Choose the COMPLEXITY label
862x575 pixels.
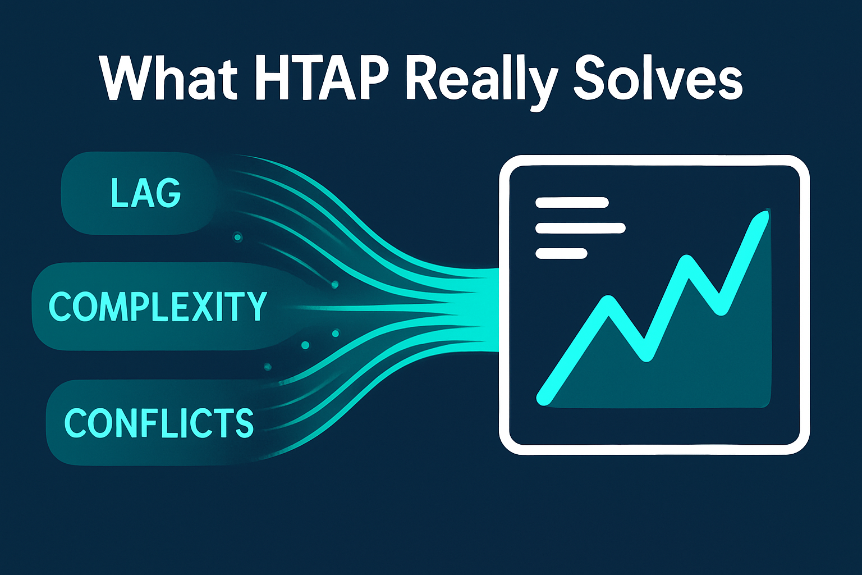pyautogui.click(x=158, y=307)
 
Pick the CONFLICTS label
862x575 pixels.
pyautogui.click(x=159, y=422)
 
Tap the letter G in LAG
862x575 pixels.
pyautogui.click(x=169, y=193)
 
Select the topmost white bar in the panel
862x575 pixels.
pyautogui.click(x=572, y=203)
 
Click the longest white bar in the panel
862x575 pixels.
pyautogui.click(x=580, y=228)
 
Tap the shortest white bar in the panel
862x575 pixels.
pyautogui.click(x=561, y=254)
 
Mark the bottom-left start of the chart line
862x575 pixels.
pyautogui.click(x=543, y=398)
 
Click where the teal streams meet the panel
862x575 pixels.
pyautogui.click(x=496, y=309)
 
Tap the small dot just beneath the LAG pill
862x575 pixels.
pyautogui.click(x=237, y=238)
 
